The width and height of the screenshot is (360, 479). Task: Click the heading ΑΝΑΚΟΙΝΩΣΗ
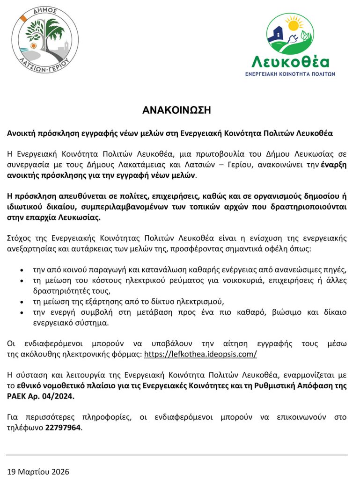(x=177, y=111)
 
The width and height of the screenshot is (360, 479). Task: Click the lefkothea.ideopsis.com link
(x=200, y=354)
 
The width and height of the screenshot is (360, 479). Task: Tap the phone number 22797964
(x=63, y=428)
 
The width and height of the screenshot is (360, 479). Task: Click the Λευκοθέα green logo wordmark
(x=290, y=61)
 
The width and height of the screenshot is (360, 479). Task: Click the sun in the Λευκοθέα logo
(x=294, y=24)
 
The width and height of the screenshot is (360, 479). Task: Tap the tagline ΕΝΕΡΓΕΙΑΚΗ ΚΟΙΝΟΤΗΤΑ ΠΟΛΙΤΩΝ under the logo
(x=290, y=74)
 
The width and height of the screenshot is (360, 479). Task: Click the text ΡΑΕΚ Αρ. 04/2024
(x=40, y=396)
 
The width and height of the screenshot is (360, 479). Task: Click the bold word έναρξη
(x=334, y=166)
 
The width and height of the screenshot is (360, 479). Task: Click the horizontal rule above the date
(x=177, y=455)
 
